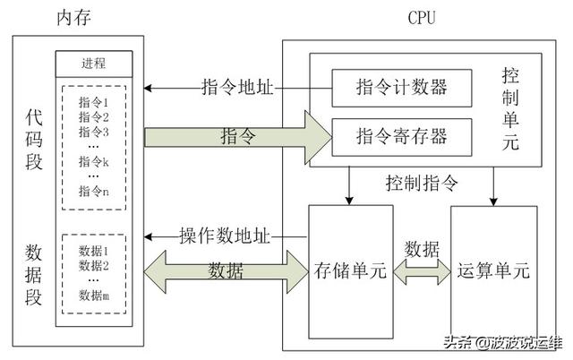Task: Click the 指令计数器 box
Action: (x=402, y=88)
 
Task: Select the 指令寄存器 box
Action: (x=402, y=137)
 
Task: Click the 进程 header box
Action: (x=93, y=64)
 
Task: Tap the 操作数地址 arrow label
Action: (x=224, y=236)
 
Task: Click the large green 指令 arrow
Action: (x=237, y=137)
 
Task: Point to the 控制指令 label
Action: (x=421, y=184)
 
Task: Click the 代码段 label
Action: (x=34, y=138)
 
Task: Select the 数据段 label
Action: (x=34, y=272)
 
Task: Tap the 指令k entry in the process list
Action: (x=93, y=161)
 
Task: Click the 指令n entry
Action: (x=93, y=190)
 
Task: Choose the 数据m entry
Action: (x=93, y=296)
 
